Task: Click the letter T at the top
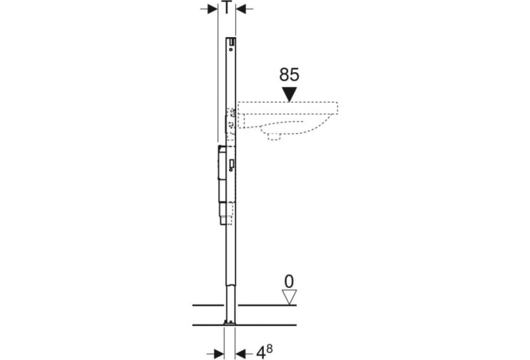coord(227,7)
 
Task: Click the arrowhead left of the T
coord(213,9)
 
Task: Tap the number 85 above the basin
coord(289,75)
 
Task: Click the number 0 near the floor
coord(289,282)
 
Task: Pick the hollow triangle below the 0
coord(289,297)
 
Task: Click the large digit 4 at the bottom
coord(260,354)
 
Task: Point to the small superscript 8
coord(269,349)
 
